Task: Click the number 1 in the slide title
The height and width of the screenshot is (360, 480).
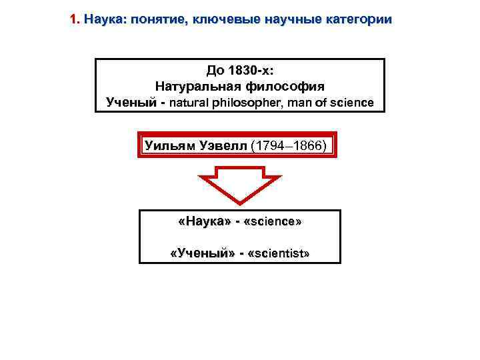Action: pyautogui.click(x=73, y=20)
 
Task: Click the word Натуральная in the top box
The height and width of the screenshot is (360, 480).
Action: pyautogui.click(x=193, y=86)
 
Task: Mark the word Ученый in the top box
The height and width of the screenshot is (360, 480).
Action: pyautogui.click(x=133, y=103)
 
